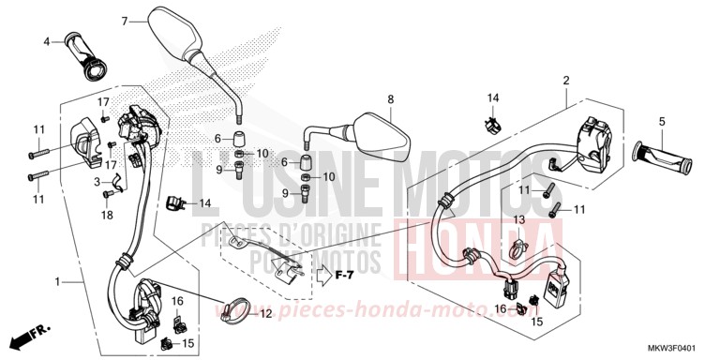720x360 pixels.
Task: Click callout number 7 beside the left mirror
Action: pos(123,20)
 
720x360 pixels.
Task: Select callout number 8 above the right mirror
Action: pos(391,98)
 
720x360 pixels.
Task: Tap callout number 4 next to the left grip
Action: pos(45,41)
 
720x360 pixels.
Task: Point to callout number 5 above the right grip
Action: pos(662,121)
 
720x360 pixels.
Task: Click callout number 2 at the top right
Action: pos(566,82)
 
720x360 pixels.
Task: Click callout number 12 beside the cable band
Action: pos(265,314)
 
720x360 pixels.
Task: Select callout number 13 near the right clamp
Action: pos(517,219)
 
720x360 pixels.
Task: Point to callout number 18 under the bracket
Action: pos(105,215)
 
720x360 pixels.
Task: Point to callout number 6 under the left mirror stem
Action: pos(217,138)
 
